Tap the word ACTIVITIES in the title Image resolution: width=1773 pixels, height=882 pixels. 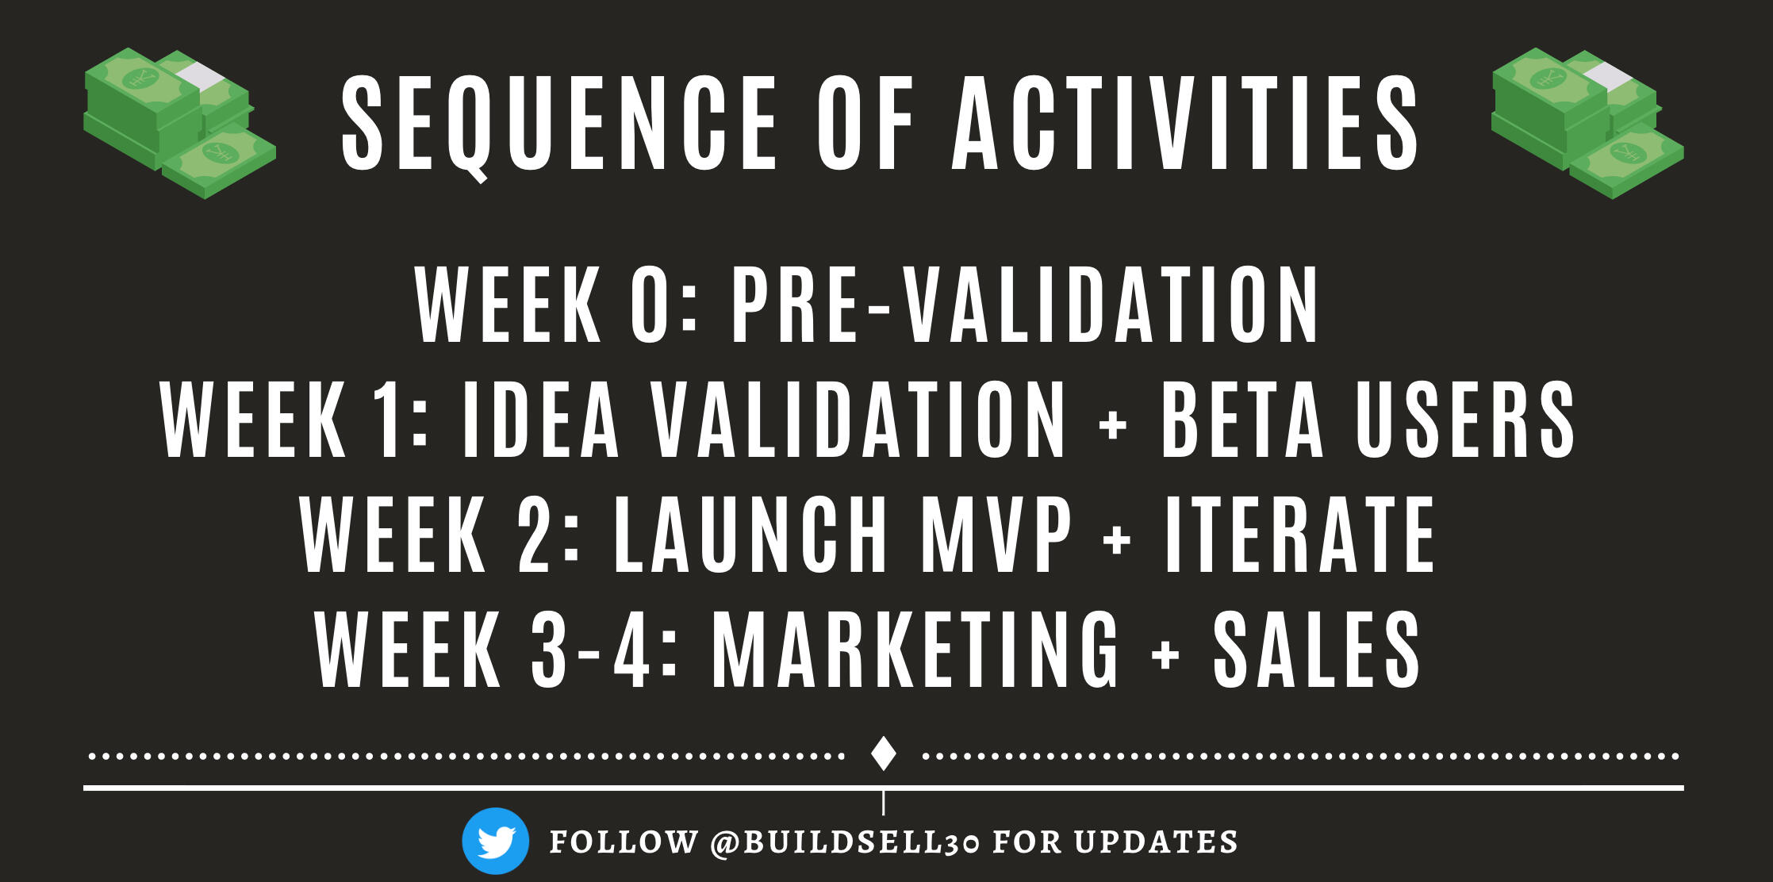[1186, 123]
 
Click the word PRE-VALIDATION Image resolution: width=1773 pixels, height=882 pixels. [1024, 305]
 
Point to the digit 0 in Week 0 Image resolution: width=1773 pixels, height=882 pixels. [650, 305]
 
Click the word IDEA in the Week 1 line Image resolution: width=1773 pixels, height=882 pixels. [539, 420]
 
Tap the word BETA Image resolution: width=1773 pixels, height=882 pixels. [1242, 420]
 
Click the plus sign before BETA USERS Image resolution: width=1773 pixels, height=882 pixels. [1113, 424]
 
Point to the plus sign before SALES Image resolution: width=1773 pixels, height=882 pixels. [1165, 654]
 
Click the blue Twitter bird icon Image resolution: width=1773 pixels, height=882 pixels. [496, 841]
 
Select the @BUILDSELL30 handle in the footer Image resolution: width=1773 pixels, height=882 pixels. [845, 842]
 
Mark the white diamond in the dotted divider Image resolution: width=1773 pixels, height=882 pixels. [884, 754]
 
